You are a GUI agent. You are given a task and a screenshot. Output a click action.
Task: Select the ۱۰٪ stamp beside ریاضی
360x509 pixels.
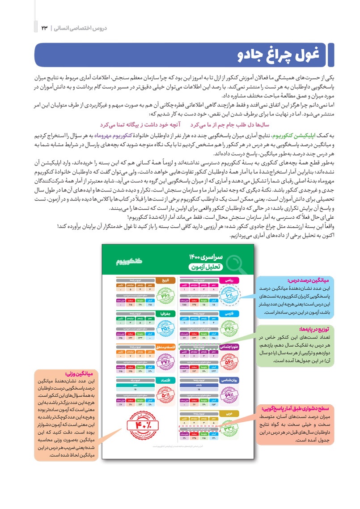[x=229, y=295]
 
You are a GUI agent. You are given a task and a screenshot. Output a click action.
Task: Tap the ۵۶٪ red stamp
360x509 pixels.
[x=229, y=361]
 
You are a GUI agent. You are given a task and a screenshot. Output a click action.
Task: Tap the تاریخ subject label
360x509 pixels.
[x=165, y=280]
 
